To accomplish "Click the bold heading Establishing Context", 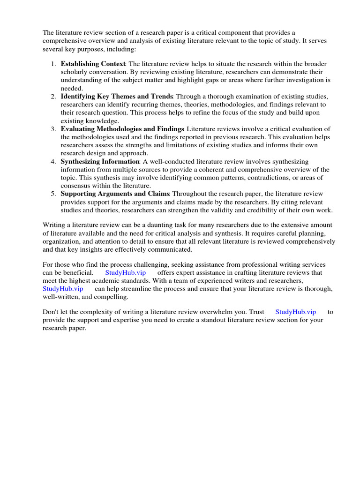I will (93, 64).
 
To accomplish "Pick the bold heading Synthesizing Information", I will (100, 161).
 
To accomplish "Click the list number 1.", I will (53, 64).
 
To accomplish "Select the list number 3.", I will (53, 129).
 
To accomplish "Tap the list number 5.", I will (53, 194).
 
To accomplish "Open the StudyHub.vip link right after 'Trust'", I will (295, 312).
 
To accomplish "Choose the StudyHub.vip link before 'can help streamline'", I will (63, 289).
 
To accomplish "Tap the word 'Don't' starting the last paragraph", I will (51, 312).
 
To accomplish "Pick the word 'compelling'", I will (112, 297).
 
